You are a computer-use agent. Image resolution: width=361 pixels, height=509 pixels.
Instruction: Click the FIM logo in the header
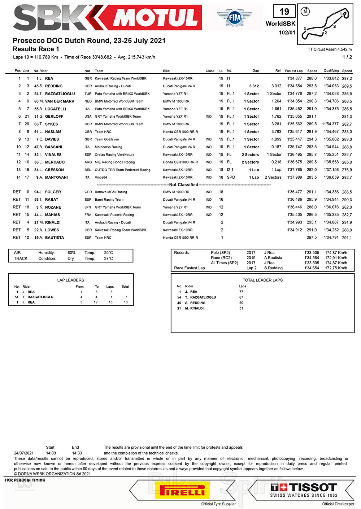[234, 17]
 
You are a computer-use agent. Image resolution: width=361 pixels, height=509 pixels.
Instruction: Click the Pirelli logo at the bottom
[182, 491]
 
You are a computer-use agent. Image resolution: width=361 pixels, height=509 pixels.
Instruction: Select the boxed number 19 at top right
[284, 12]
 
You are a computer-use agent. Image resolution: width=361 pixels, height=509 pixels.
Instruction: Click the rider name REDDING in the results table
[54, 86]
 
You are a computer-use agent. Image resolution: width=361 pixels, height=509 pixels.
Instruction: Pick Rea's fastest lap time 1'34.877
[295, 78]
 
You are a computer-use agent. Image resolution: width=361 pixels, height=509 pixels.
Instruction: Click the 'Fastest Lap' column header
[293, 71]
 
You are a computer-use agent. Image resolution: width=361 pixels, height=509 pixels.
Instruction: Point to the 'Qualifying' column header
[331, 71]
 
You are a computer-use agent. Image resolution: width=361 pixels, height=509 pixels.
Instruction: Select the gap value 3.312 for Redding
[254, 86]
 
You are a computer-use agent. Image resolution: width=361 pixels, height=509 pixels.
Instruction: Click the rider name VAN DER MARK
[60, 101]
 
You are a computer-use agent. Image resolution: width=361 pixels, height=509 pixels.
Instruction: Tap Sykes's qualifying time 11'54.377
[330, 124]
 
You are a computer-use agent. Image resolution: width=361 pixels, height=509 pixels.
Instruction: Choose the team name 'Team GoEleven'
[107, 139]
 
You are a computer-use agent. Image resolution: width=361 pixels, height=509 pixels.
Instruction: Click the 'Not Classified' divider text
[184, 185]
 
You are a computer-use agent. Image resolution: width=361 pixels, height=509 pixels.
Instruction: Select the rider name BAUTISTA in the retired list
[55, 238]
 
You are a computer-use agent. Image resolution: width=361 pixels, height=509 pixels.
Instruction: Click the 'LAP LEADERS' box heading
[71, 280]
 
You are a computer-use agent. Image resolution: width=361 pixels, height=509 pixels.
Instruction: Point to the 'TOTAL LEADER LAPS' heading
[262, 280]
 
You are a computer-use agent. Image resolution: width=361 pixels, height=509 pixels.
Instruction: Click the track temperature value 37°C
[108, 258]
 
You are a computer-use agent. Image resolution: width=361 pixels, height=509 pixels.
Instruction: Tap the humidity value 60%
[71, 253]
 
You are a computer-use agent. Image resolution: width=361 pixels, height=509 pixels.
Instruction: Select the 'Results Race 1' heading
[36, 49]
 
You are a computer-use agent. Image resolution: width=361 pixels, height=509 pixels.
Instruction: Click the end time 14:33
[77, 453]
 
